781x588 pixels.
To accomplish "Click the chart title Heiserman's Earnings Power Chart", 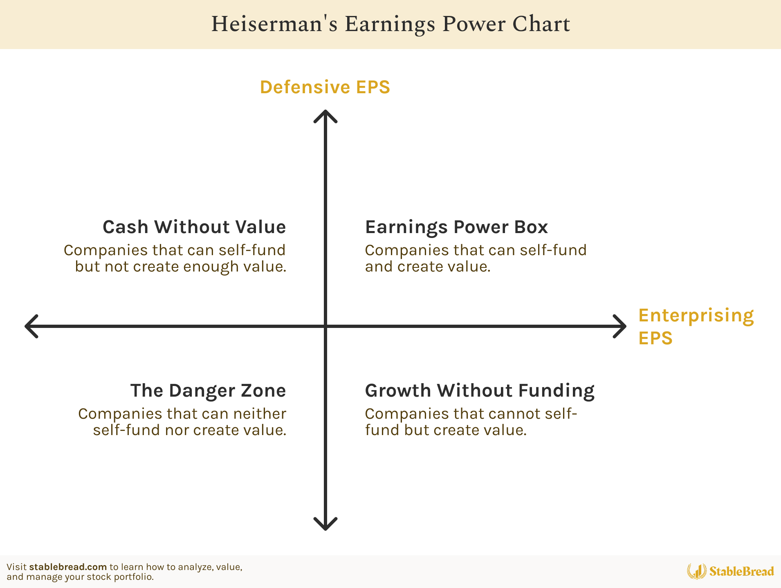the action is click(390, 24).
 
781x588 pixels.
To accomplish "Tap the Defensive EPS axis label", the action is click(325, 87).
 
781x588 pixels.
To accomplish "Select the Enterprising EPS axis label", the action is click(696, 326).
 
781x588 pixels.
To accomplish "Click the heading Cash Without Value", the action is click(194, 227).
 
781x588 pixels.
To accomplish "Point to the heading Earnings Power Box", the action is click(456, 227).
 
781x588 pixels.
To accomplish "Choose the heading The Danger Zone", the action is click(208, 391).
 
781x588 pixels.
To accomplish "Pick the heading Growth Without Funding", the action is click(480, 391).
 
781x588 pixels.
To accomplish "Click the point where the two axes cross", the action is click(325, 326).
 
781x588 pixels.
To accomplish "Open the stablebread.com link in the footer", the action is click(68, 567).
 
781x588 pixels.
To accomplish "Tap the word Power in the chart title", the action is click(474, 24).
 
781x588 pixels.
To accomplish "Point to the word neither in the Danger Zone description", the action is click(260, 414).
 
